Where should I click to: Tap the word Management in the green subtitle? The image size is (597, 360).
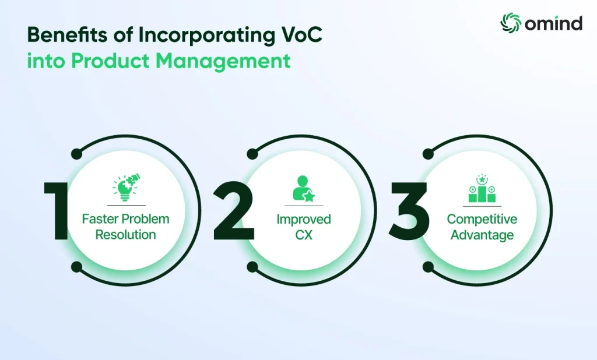click(223, 61)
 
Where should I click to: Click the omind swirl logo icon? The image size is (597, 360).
click(511, 22)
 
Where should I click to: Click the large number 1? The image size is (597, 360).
click(57, 211)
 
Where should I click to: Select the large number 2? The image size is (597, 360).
click(233, 211)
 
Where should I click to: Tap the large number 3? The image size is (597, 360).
click(408, 211)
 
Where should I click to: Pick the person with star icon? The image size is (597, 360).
click(303, 188)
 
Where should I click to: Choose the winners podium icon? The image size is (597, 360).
click(482, 189)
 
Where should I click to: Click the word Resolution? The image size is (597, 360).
click(126, 234)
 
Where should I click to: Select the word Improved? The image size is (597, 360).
click(304, 219)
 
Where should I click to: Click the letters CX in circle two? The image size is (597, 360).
click(304, 235)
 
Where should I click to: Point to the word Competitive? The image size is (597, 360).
click(482, 219)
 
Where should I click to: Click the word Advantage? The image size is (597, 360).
click(482, 235)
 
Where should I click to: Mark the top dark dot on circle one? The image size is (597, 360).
click(76, 154)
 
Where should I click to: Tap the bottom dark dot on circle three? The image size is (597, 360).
click(428, 267)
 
